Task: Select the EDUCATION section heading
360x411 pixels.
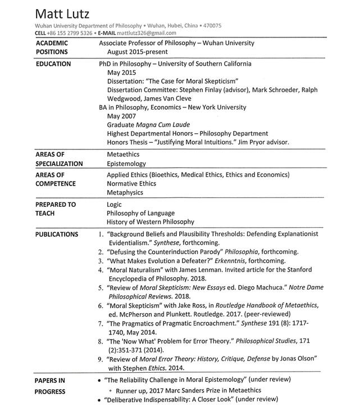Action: click(53, 64)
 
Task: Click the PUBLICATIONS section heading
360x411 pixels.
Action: click(57, 234)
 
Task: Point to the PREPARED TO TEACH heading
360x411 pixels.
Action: click(56, 209)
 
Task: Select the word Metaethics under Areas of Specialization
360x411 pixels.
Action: click(123, 153)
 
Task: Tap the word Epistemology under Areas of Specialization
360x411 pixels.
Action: click(126, 164)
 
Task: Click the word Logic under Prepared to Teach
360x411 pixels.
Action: click(114, 205)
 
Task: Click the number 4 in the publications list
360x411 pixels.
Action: click(101, 270)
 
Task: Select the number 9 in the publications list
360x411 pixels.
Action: click(101, 358)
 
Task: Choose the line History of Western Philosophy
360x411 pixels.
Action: click(151, 222)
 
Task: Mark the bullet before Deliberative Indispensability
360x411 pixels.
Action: click(99, 399)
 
